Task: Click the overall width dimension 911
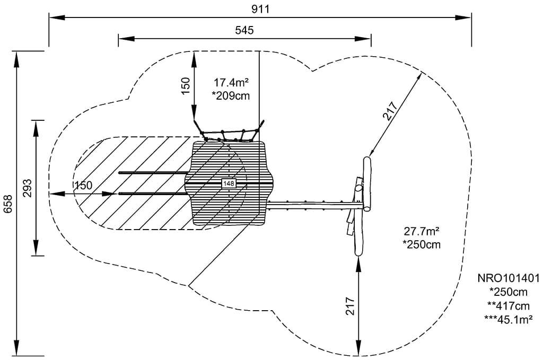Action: click(x=261, y=8)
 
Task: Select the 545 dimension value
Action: click(x=244, y=30)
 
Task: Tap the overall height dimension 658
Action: click(x=8, y=203)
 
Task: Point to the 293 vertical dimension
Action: click(x=28, y=188)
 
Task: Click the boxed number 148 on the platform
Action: click(x=229, y=183)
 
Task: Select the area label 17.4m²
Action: click(x=232, y=83)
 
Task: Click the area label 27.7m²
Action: click(x=423, y=232)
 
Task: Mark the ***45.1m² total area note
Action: click(x=509, y=319)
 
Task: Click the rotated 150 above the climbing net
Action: click(x=186, y=86)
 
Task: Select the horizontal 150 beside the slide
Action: click(x=83, y=186)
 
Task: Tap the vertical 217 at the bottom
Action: click(x=350, y=306)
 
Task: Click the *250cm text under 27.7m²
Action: click(x=422, y=244)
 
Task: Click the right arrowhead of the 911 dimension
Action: click(x=467, y=17)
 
